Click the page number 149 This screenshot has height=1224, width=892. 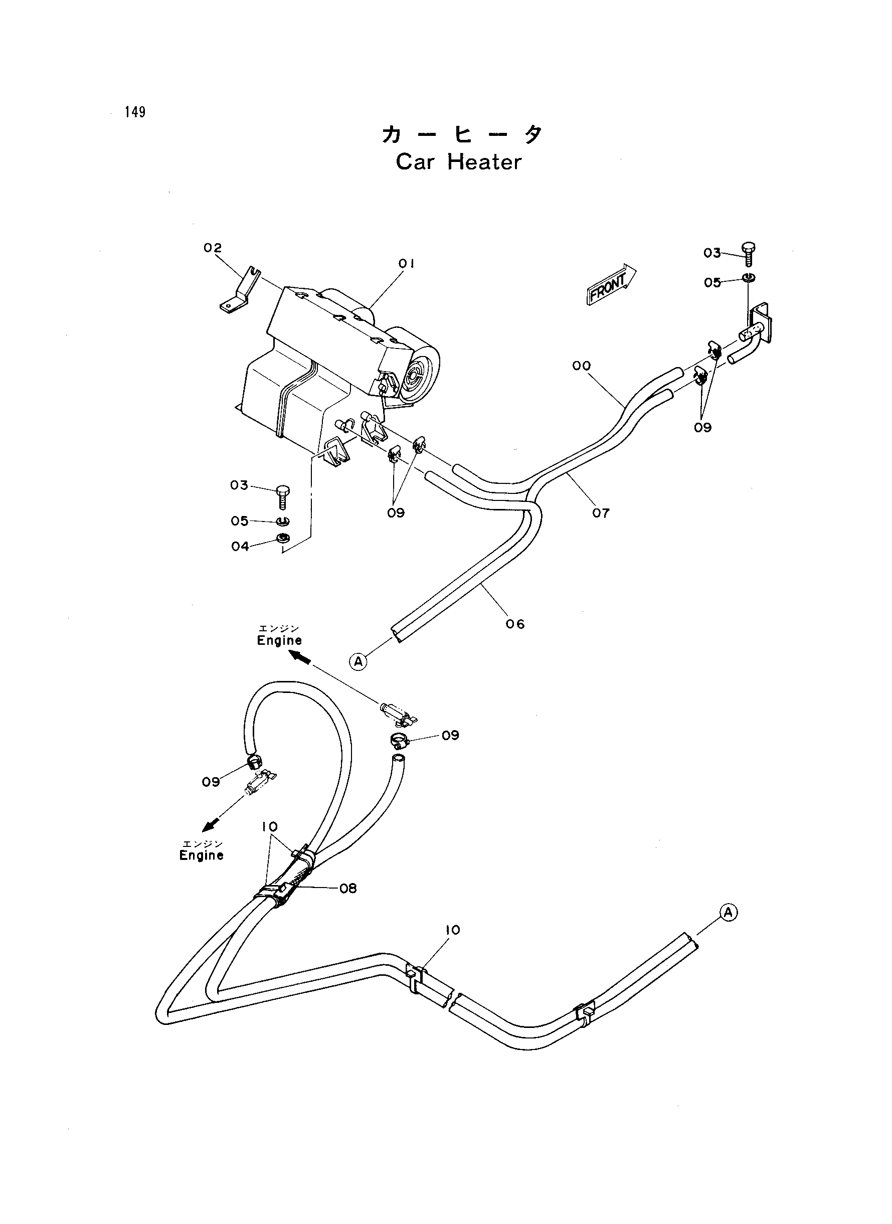(x=135, y=112)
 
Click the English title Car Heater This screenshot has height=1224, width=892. (x=459, y=162)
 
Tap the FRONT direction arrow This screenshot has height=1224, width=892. (x=611, y=285)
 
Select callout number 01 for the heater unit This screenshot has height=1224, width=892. (x=407, y=263)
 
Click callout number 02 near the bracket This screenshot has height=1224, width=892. (x=213, y=248)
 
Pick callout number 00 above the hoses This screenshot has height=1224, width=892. (x=582, y=366)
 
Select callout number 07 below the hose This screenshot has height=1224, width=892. (x=600, y=513)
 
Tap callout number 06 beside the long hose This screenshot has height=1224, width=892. (x=515, y=624)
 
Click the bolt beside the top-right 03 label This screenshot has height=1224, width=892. (x=749, y=254)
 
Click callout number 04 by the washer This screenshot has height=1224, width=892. (x=240, y=547)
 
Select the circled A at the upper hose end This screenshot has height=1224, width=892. (x=358, y=661)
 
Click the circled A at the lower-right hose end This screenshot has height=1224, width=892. (x=729, y=913)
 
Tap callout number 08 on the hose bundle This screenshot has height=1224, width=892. (x=348, y=888)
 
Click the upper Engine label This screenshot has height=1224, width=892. (x=279, y=640)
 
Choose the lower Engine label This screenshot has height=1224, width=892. (x=202, y=855)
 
